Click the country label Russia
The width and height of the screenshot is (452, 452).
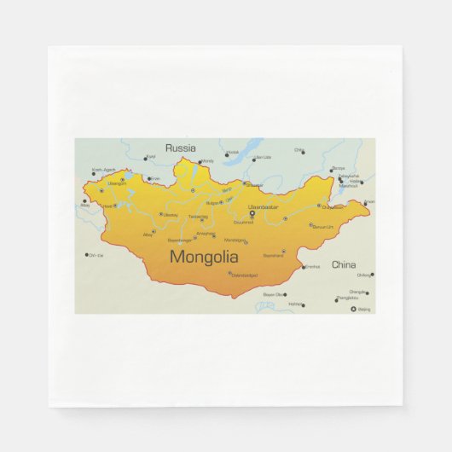180,148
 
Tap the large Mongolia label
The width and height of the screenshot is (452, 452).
204,256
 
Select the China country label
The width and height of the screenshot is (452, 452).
344,264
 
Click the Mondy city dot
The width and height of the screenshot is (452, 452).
200,161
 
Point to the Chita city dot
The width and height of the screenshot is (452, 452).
303,152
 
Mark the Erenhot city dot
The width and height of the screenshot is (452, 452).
304,266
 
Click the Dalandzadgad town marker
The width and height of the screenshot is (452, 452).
229,274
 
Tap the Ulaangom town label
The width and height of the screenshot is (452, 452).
117,183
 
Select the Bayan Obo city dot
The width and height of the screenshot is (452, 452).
289,294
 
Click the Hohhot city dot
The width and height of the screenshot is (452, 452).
303,304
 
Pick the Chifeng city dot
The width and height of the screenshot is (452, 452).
372,275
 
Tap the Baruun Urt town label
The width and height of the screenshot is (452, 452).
322,227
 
